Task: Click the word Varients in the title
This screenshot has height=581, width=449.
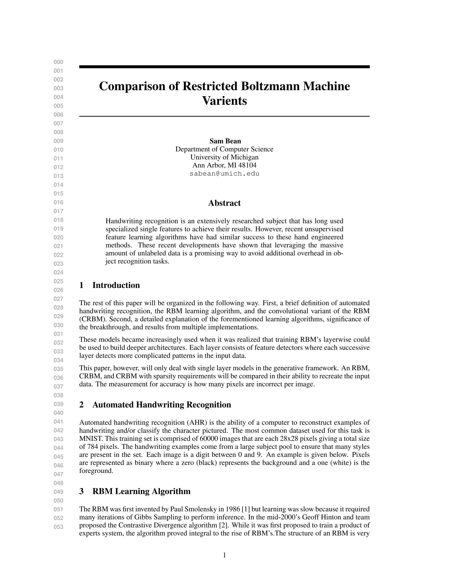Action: point(224,101)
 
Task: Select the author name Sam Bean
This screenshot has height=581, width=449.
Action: point(225,141)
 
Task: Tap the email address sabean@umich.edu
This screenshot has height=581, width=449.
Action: point(224,174)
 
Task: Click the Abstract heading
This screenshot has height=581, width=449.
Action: point(224,203)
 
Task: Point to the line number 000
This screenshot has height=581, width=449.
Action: point(59,62)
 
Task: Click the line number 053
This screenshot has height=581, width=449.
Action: point(59,527)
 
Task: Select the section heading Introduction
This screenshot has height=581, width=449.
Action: point(116,285)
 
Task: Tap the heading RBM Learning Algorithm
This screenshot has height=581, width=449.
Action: point(141,491)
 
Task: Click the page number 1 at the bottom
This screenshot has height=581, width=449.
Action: point(224,555)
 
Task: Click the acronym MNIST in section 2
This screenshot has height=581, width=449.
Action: point(89,439)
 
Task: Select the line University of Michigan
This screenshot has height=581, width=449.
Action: point(224,157)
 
